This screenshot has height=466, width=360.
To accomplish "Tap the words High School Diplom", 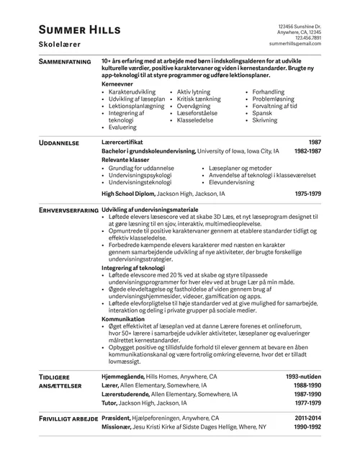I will tap(128, 194).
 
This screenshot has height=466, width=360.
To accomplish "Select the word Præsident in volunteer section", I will tap(117, 418).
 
